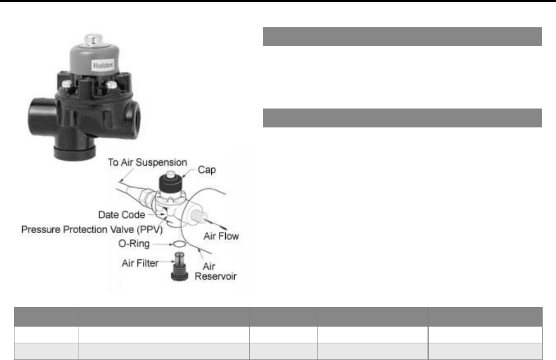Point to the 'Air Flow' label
point(221,236)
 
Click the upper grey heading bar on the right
point(402,36)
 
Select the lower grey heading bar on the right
point(402,117)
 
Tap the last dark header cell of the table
point(485,317)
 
